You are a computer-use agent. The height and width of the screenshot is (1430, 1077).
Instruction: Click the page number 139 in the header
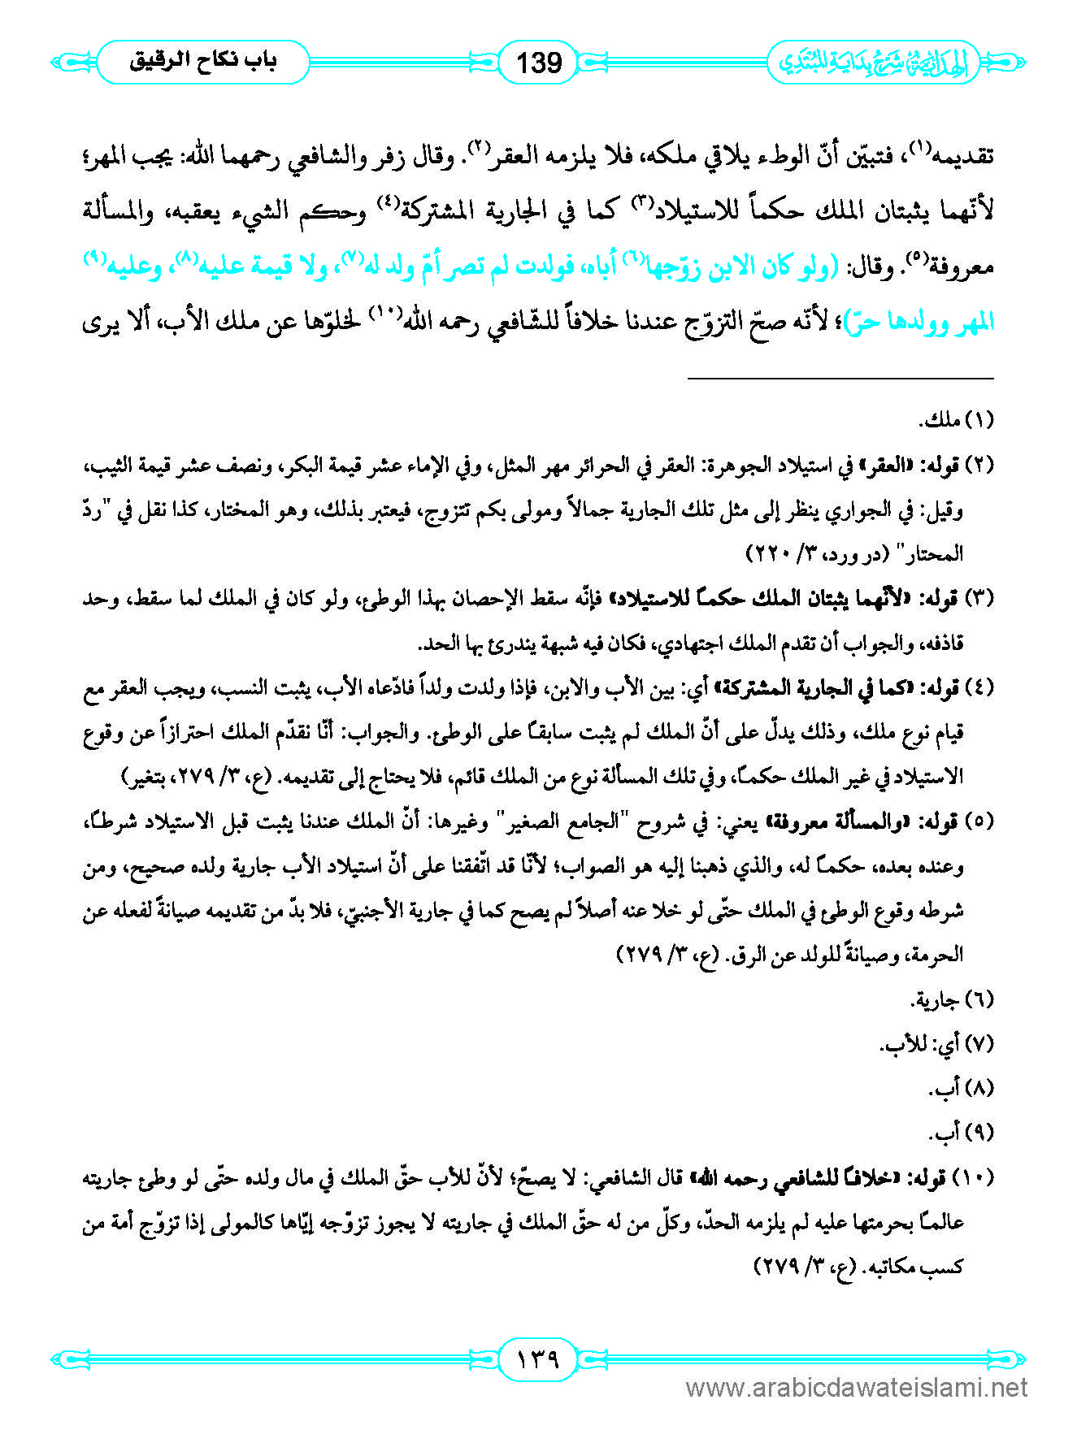[539, 62]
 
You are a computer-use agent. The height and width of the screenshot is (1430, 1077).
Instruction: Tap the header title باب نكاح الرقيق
[203, 62]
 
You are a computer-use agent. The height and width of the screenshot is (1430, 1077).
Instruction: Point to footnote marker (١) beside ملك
[979, 420]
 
